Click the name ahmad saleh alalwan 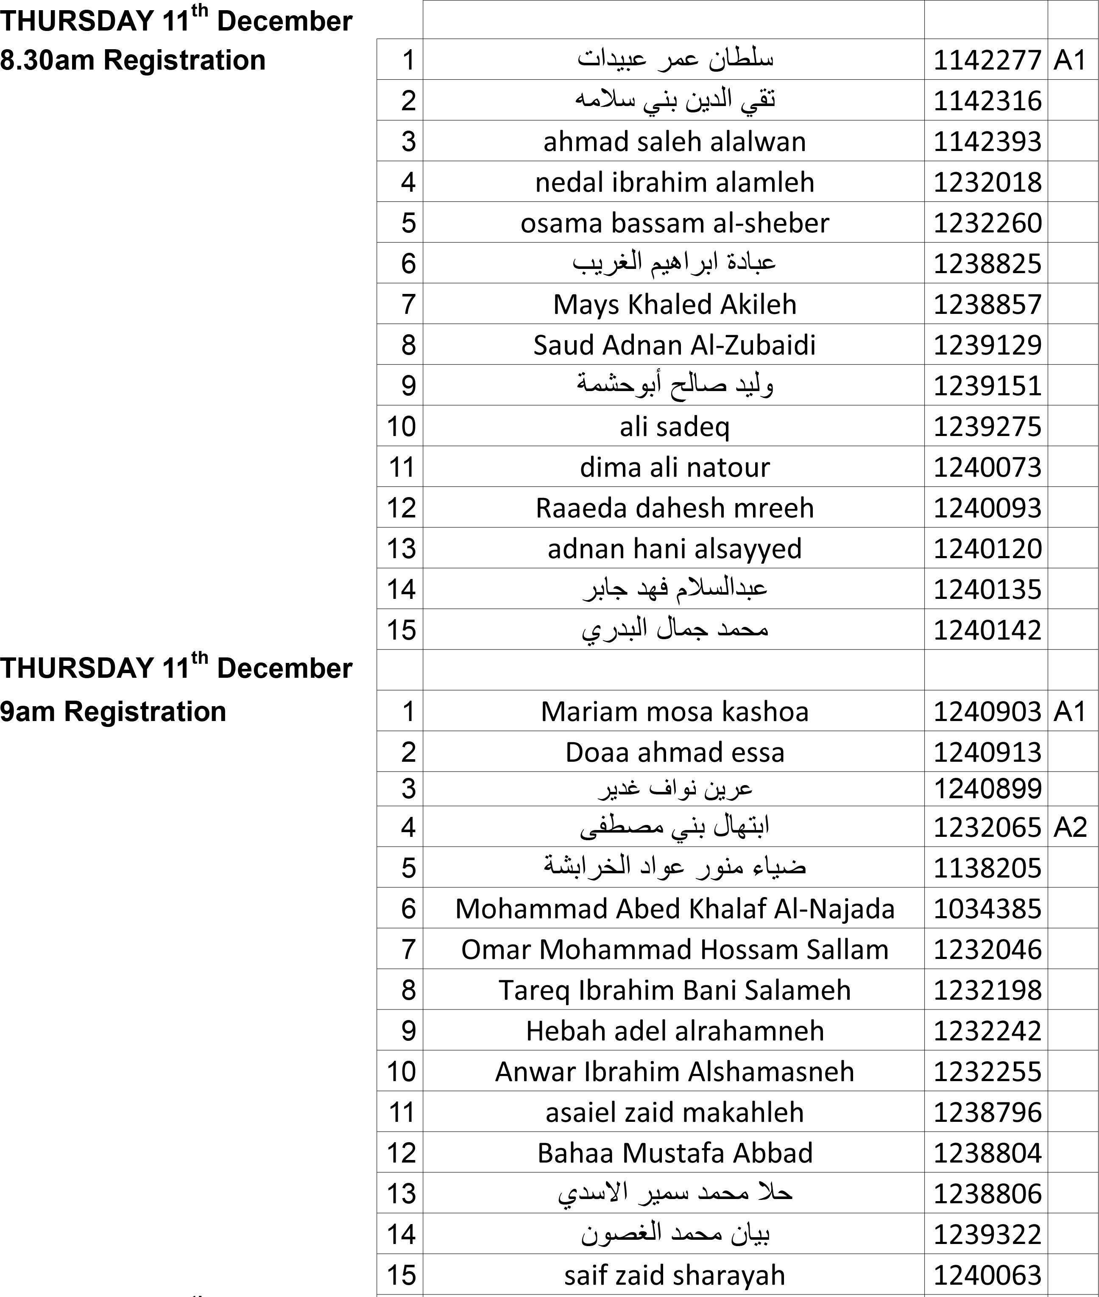coord(674,142)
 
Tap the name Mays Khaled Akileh coord(674,304)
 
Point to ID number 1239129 coord(987,345)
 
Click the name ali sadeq coord(674,426)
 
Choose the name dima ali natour coord(674,467)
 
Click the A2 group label coord(1070,827)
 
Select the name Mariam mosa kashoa coord(674,711)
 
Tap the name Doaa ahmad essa coord(674,752)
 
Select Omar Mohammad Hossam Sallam coord(674,949)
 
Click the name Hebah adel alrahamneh coord(674,1031)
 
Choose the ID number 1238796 coord(987,1113)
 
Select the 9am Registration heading coord(113,711)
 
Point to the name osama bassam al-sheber coord(674,223)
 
